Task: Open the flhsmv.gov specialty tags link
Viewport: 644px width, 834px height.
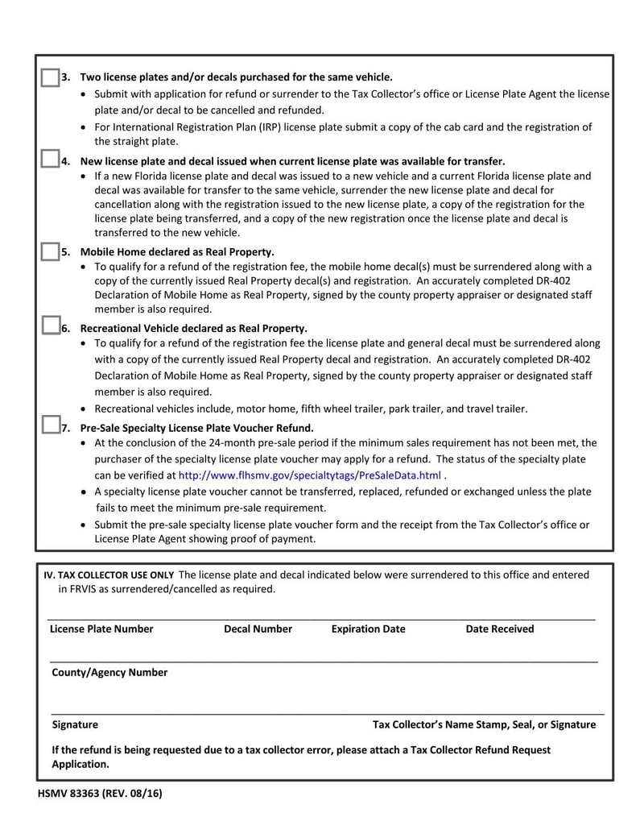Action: (x=310, y=475)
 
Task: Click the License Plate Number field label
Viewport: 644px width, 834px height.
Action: (x=101, y=629)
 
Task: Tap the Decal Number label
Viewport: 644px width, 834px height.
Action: (x=258, y=629)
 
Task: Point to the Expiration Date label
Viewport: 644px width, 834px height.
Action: (x=368, y=629)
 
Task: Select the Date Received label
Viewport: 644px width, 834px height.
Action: (x=499, y=629)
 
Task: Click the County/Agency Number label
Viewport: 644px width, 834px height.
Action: (x=109, y=673)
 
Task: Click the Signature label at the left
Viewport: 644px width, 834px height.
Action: (x=75, y=724)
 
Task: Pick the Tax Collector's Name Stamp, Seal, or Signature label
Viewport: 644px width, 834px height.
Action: (x=484, y=724)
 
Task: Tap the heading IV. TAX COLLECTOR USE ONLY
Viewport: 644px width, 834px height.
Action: (x=108, y=575)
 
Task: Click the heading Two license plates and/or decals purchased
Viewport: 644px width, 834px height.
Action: (x=236, y=77)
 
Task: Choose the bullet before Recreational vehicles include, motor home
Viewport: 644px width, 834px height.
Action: (x=86, y=409)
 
